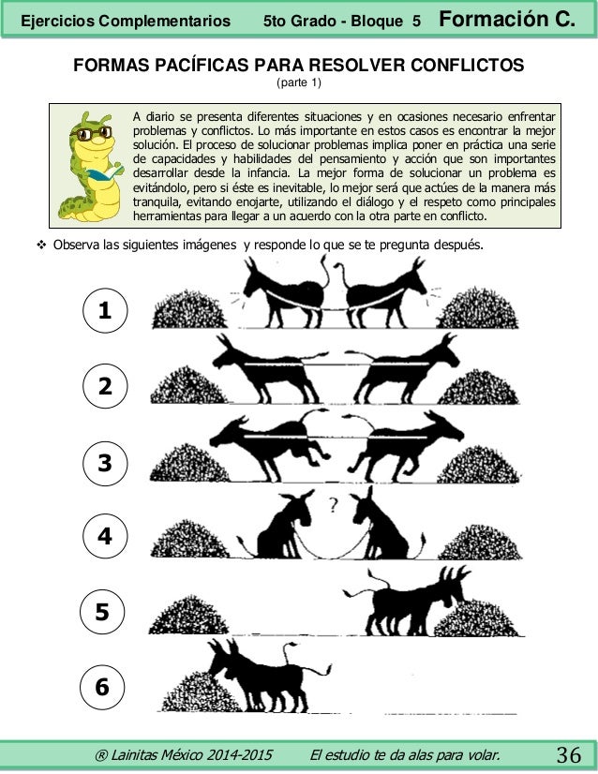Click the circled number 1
click(x=105, y=310)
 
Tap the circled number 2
click(x=105, y=386)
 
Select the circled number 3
click(x=105, y=463)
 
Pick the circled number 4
click(x=105, y=536)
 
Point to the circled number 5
click(x=102, y=612)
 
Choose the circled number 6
click(x=102, y=687)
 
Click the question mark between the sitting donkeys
click(x=334, y=505)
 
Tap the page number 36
click(x=569, y=754)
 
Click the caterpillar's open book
click(x=105, y=173)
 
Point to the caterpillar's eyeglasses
click(x=91, y=133)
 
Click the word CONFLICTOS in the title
click(x=467, y=66)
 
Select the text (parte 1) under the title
click(x=299, y=82)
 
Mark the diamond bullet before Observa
click(x=41, y=245)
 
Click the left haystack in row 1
click(x=189, y=309)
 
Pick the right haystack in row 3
click(x=478, y=465)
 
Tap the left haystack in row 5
click(x=188, y=615)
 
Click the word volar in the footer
click(x=486, y=755)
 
